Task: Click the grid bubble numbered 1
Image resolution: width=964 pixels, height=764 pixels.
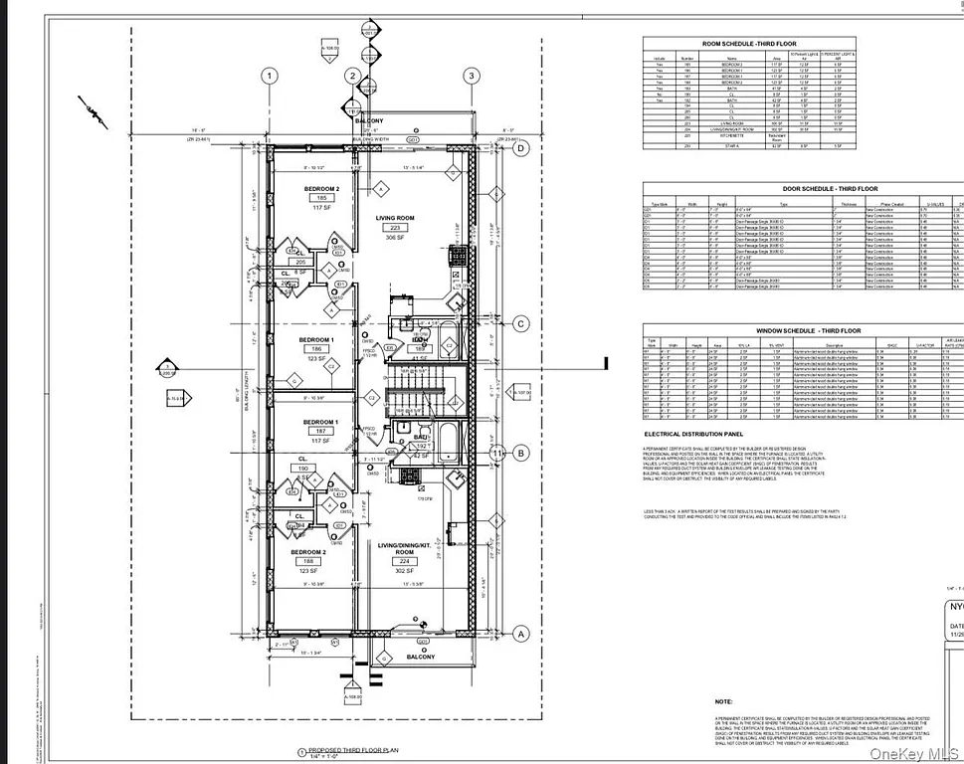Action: [268, 76]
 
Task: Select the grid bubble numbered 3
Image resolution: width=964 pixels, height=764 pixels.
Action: [471, 76]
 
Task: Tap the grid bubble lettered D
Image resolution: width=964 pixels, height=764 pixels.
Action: [520, 147]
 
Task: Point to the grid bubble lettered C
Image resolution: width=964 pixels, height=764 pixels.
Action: [520, 322]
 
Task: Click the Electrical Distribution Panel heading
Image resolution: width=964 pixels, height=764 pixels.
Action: [694, 435]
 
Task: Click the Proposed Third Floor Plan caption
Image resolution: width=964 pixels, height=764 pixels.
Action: [353, 752]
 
